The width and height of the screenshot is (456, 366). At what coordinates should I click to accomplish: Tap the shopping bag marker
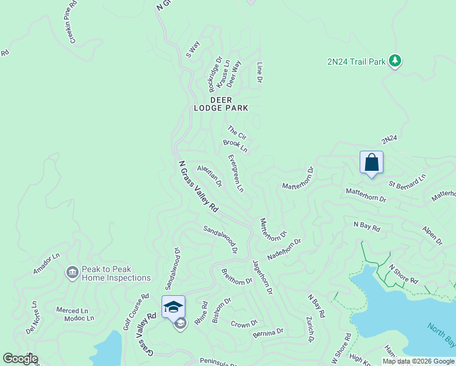tap(371, 163)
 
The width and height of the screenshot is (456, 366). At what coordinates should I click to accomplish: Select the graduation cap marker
tap(173, 306)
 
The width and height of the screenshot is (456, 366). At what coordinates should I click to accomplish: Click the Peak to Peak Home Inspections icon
tap(72, 271)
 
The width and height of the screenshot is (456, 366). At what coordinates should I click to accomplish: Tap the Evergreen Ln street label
tap(235, 173)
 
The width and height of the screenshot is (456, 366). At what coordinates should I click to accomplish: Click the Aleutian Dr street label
tap(209, 176)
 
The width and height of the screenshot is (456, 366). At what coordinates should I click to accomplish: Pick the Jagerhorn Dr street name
tap(262, 278)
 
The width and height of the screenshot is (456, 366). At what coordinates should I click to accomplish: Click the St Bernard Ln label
tap(408, 181)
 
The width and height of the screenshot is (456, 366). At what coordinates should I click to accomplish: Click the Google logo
tap(20, 359)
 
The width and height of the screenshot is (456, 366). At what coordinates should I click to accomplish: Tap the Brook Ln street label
tap(235, 146)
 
